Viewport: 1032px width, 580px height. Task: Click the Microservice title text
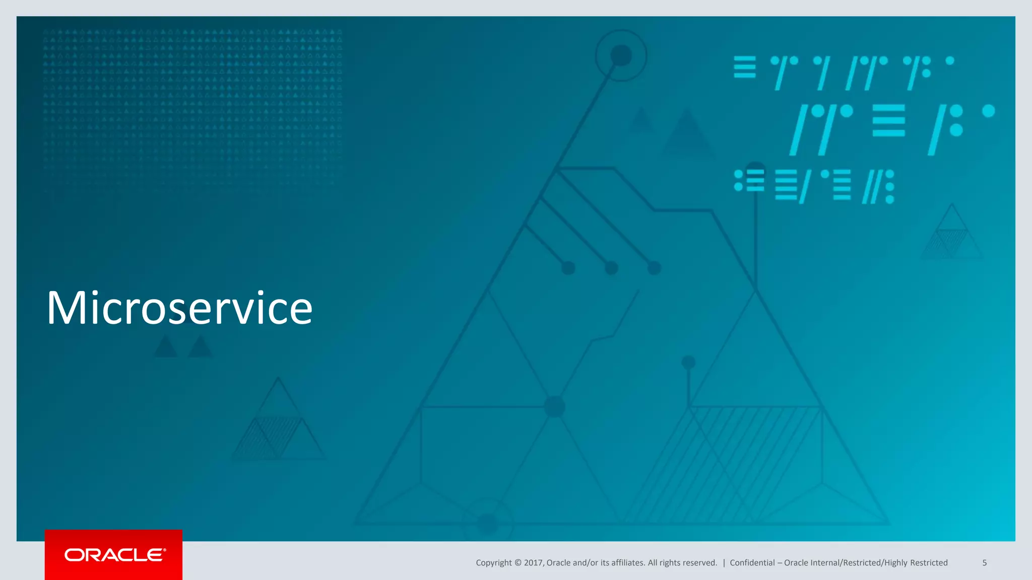(179, 308)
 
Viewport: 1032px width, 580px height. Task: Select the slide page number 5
(984, 563)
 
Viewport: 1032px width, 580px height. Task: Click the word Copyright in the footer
(493, 563)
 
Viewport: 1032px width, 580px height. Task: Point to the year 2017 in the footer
(533, 563)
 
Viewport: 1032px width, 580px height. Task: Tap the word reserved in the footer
(700, 563)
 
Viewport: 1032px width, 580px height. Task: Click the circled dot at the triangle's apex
(621, 55)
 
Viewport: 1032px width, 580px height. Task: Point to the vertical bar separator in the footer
(724, 563)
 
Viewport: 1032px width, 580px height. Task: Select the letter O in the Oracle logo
(74, 555)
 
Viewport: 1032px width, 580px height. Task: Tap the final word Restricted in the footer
(929, 563)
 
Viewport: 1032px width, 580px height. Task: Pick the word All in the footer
(653, 563)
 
